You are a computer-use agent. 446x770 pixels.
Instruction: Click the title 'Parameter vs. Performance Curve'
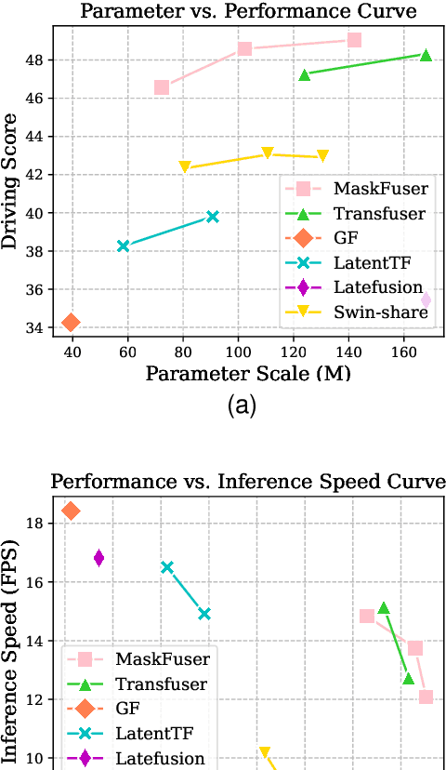(x=246, y=12)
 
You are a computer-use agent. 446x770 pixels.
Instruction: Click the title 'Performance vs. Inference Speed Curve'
(x=248, y=482)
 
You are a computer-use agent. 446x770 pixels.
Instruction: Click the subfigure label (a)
(x=241, y=405)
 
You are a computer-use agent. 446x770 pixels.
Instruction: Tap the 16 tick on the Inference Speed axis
(x=36, y=582)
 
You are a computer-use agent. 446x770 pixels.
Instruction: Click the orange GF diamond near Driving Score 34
(x=70, y=323)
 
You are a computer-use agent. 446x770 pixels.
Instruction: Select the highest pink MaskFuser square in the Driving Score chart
(x=354, y=40)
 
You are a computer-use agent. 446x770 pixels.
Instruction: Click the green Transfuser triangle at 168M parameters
(x=426, y=55)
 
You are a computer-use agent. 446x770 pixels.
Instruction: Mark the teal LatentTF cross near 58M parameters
(x=123, y=246)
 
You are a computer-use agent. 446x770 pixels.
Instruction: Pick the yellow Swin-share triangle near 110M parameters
(x=268, y=153)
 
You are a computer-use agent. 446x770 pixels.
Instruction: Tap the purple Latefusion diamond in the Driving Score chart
(x=426, y=300)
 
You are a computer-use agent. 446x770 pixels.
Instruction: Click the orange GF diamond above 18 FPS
(x=71, y=511)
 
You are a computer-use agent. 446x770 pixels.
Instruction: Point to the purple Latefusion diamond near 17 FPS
(x=98, y=558)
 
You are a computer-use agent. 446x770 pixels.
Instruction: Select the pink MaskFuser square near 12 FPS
(x=426, y=697)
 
